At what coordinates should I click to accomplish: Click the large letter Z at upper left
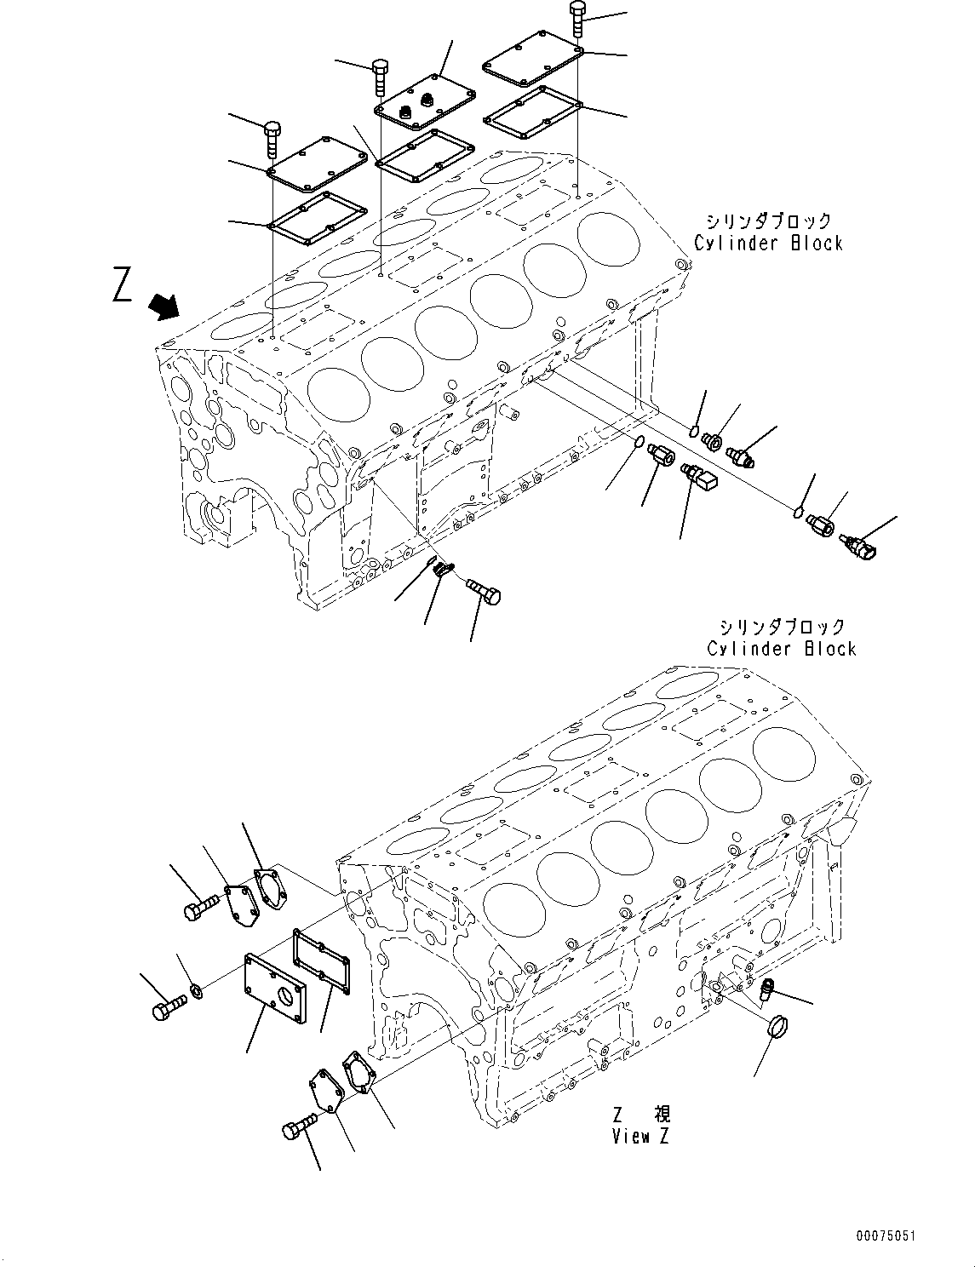[123, 284]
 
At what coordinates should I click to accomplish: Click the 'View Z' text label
[641, 1137]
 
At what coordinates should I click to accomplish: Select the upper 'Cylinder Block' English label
[768, 244]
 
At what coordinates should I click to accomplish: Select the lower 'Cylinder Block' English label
[781, 649]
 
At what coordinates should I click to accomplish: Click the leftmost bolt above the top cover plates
[272, 139]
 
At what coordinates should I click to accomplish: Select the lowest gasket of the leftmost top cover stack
[318, 218]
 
